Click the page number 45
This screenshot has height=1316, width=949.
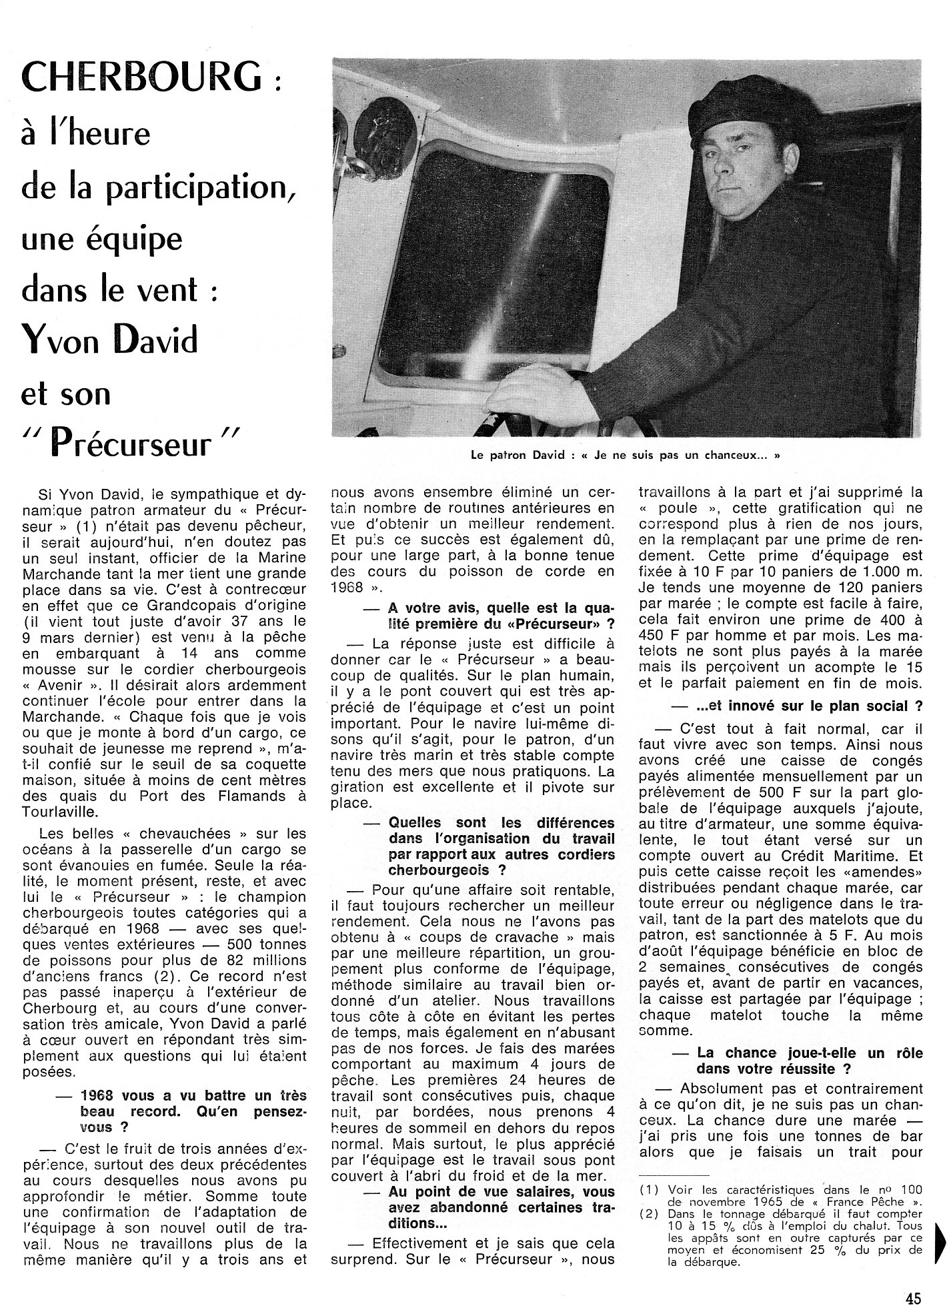coord(913,1298)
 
